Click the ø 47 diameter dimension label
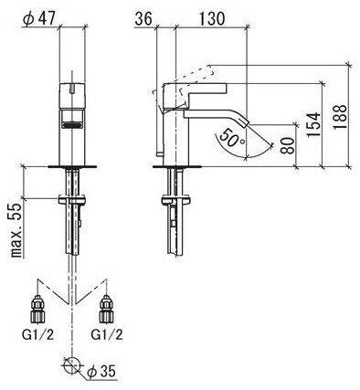[x=39, y=19]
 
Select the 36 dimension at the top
[x=143, y=19]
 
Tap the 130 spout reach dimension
[x=212, y=19]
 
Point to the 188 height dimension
[x=340, y=117]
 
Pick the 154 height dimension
[x=313, y=125]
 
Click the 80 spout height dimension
[x=287, y=145]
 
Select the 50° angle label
[x=232, y=139]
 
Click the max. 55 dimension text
[x=16, y=230]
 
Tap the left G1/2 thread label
[x=38, y=335]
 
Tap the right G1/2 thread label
[x=107, y=335]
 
